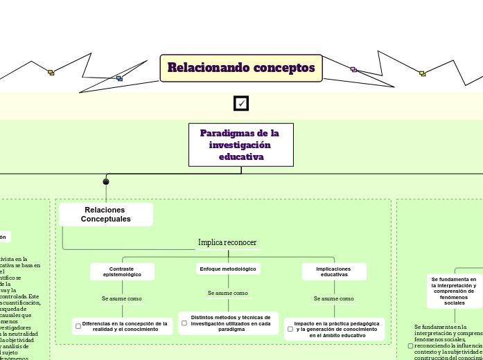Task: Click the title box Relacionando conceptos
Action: pyautogui.click(x=241, y=68)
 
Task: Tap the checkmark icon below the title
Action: pyautogui.click(x=241, y=103)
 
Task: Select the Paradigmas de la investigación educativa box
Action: pyautogui.click(x=240, y=145)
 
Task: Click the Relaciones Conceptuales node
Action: pyautogui.click(x=106, y=214)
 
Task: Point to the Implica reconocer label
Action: pyautogui.click(x=227, y=242)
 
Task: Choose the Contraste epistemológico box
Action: pyautogui.click(x=122, y=271)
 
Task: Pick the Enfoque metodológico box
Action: pyautogui.click(x=227, y=269)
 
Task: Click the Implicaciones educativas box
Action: pyautogui.click(x=333, y=271)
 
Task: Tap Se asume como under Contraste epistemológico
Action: pyautogui.click(x=122, y=298)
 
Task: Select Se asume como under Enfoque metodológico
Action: pyautogui.click(x=227, y=293)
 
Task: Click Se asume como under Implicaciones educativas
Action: pyautogui.click(x=333, y=298)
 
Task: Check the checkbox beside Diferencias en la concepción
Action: pyautogui.click(x=78, y=326)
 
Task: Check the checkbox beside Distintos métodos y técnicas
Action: pyautogui.click(x=184, y=323)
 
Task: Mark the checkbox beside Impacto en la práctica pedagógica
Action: pyautogui.click(x=290, y=329)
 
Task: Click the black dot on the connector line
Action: pyautogui.click(x=106, y=182)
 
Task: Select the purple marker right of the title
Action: pyautogui.click(x=353, y=69)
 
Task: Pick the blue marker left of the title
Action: pyautogui.click(x=119, y=78)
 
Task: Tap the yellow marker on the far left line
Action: pyautogui.click(x=51, y=72)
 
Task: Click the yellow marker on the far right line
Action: pyautogui.click(x=422, y=73)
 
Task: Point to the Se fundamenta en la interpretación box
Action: pyautogui.click(x=455, y=291)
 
